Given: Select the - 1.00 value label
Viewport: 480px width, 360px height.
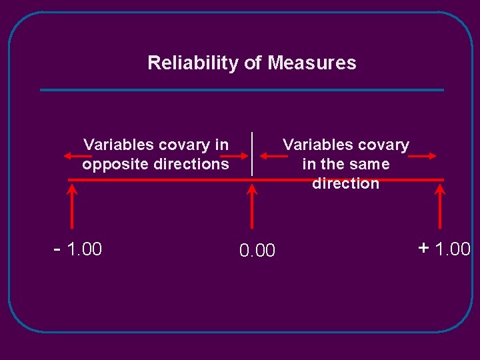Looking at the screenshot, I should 78,249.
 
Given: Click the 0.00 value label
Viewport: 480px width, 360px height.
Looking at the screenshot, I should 257,251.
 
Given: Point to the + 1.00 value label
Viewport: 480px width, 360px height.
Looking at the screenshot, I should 445,249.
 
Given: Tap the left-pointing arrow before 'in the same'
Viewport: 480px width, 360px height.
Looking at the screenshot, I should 273,156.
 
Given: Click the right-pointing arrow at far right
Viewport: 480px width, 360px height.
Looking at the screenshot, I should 422,156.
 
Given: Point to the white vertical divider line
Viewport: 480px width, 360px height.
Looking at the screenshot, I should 252,153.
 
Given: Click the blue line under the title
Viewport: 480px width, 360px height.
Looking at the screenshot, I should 241,90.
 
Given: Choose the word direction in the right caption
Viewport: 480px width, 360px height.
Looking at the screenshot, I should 345,183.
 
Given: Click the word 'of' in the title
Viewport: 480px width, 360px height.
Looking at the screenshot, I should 253,63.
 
